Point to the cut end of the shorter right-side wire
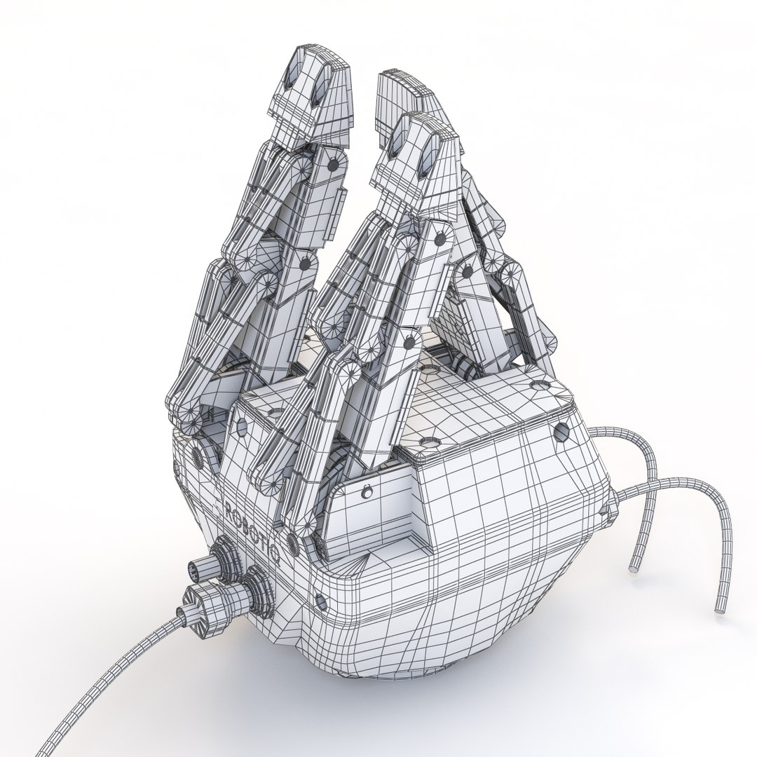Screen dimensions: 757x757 click(635, 567)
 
